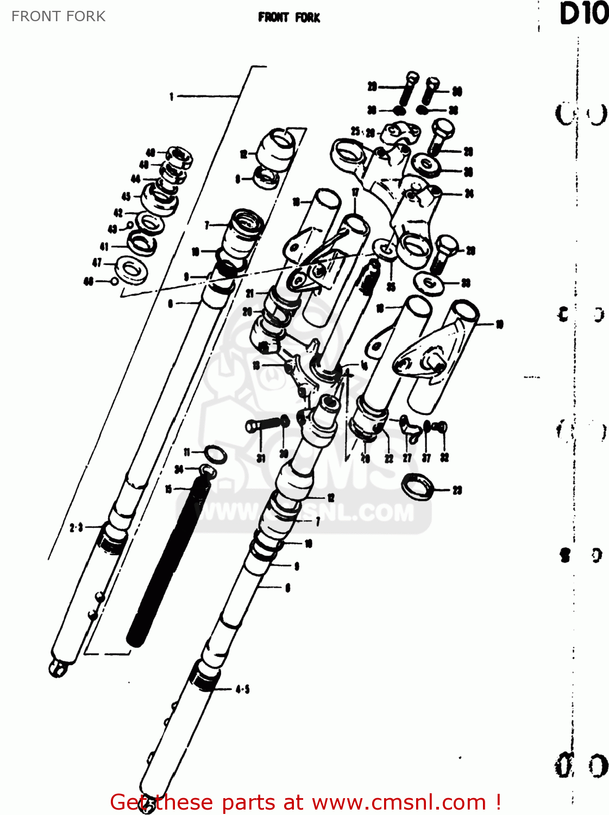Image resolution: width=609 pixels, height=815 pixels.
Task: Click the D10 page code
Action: (x=583, y=14)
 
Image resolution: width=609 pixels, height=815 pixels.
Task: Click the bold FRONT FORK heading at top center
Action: (x=289, y=17)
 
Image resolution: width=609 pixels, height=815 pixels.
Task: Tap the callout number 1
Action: (x=172, y=97)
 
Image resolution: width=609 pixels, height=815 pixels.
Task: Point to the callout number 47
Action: (x=97, y=263)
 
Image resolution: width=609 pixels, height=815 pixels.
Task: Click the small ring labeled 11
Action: (x=215, y=454)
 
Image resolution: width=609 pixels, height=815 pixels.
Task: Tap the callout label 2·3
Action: (x=76, y=527)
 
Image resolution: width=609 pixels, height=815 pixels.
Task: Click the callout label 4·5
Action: (x=242, y=689)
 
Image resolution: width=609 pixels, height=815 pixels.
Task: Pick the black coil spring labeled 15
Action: (x=167, y=565)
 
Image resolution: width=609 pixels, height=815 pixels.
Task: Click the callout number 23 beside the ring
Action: (x=457, y=491)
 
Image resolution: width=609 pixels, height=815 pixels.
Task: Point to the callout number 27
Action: (x=407, y=458)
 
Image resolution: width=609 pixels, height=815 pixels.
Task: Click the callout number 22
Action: (x=389, y=458)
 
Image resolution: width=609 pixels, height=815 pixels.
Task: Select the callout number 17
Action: (x=355, y=192)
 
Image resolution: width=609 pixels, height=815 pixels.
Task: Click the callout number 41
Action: (x=104, y=247)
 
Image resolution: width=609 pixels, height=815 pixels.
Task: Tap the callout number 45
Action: (x=126, y=197)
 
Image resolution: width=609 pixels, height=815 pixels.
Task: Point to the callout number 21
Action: (x=250, y=293)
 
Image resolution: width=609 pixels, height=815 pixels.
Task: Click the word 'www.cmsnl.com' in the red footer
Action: (x=399, y=802)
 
